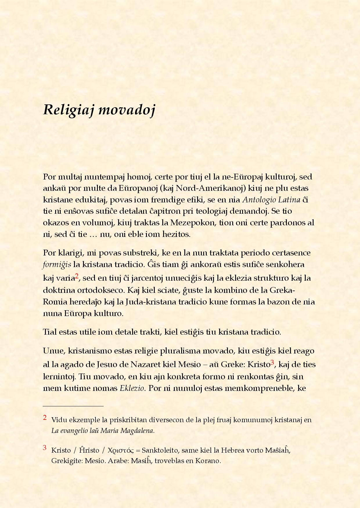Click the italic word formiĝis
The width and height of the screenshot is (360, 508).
point(57,265)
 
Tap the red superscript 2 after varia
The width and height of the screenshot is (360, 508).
point(77,276)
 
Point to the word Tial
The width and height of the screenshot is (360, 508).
point(50,332)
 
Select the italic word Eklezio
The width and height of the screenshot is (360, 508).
point(132,388)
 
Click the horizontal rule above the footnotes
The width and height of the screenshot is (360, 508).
point(73,406)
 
